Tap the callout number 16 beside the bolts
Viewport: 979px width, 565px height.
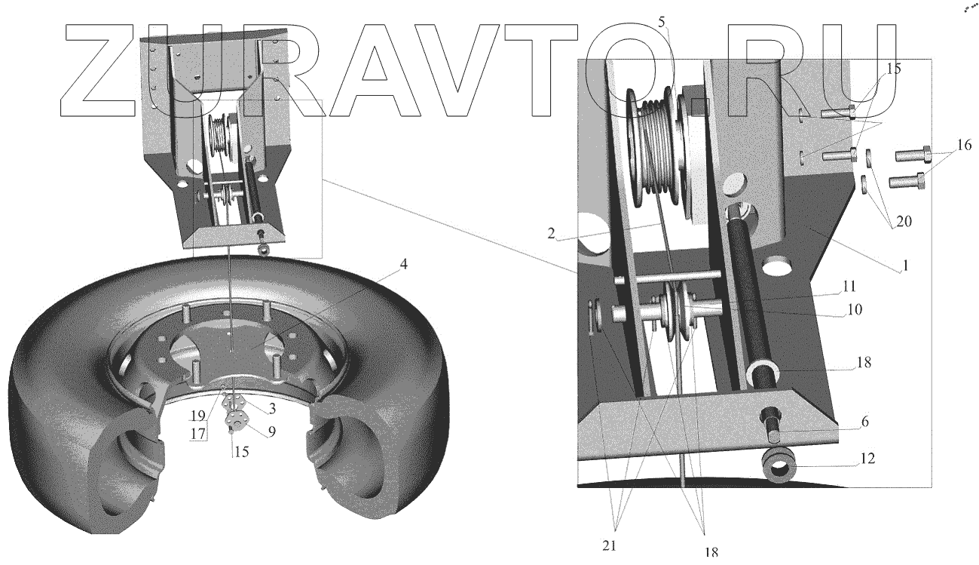[x=965, y=145]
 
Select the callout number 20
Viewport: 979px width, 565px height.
[x=904, y=222]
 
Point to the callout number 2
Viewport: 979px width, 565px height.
[x=551, y=233]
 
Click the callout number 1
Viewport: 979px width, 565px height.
[x=906, y=266]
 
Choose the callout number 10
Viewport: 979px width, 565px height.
[x=855, y=309]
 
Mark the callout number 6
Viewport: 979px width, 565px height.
[x=865, y=422]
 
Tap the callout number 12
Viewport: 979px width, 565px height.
[x=868, y=459]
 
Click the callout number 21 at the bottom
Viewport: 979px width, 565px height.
[x=609, y=545]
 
